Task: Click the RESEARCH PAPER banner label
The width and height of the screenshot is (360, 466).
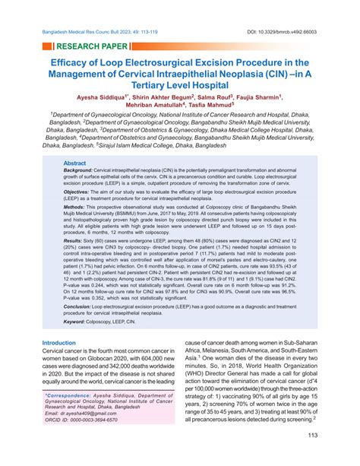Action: (x=84, y=46)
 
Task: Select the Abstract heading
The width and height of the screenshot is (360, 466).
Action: (x=74, y=163)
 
